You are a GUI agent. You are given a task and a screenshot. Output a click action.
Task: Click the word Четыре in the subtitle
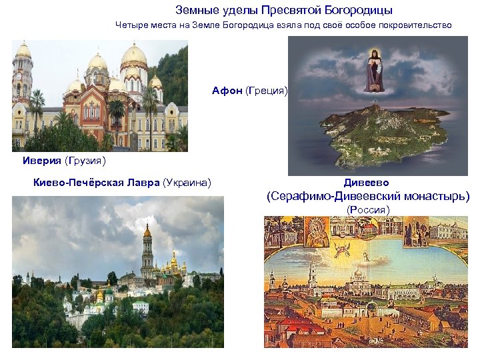click(129, 25)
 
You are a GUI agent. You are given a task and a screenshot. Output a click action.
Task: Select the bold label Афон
click(227, 90)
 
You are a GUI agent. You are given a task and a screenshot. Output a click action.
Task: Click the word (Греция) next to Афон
click(267, 90)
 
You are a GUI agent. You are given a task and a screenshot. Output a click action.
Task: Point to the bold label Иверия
click(41, 161)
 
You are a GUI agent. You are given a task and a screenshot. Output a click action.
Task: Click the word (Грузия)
click(85, 161)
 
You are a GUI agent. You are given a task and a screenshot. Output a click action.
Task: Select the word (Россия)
click(367, 209)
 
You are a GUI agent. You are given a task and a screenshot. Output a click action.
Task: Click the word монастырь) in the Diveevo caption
click(432, 197)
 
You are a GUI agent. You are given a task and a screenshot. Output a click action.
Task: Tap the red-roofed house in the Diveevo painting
click(293, 327)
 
